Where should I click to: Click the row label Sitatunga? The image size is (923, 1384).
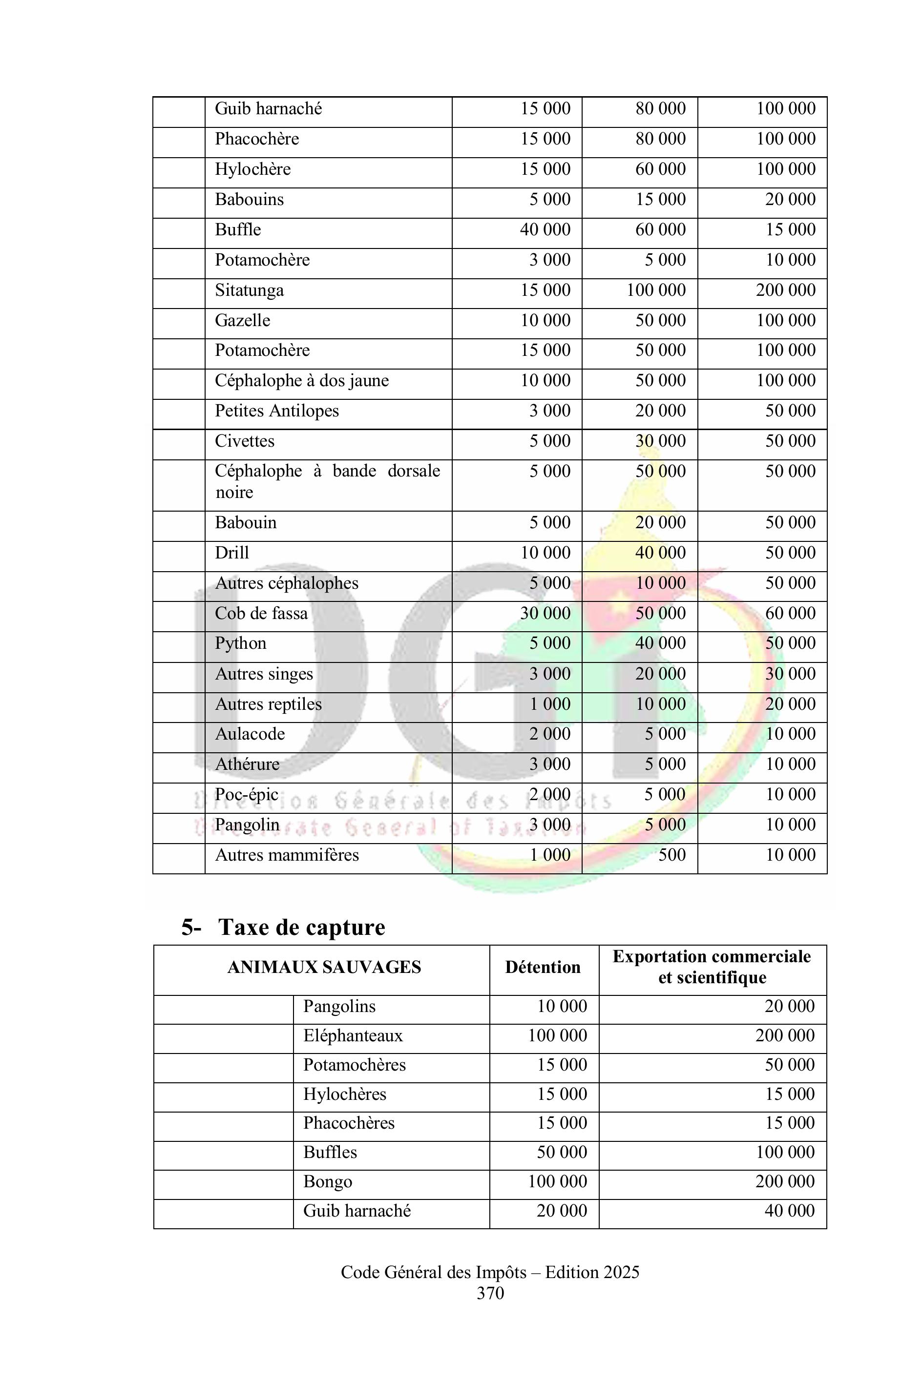coord(249,290)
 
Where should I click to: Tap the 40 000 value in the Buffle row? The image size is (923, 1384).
coord(545,229)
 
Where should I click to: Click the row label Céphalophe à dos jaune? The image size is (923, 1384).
coord(301,381)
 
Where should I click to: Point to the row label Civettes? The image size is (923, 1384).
coord(244,441)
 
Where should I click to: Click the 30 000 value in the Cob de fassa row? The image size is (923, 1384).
coord(545,613)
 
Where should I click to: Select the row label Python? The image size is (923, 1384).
coord(240,643)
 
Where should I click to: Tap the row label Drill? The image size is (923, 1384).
coord(232,553)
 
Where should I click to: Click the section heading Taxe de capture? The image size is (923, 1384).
coord(301,928)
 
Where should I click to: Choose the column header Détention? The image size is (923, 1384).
coord(543,968)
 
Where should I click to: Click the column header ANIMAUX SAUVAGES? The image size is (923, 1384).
coord(324,968)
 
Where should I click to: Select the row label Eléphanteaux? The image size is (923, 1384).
coord(353,1035)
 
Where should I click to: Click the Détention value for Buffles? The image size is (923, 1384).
coord(562,1152)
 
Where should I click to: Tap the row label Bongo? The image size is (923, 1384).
coord(327,1181)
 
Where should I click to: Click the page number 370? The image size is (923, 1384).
coord(490,1293)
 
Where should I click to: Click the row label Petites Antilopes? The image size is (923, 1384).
coord(277,411)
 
